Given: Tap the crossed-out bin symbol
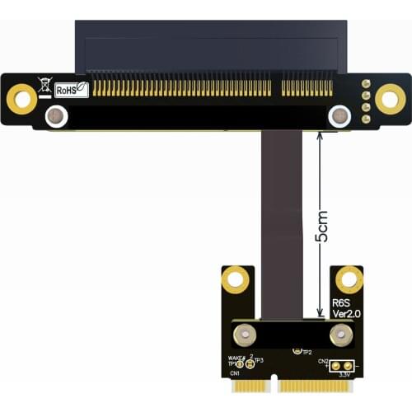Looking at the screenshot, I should (x=44, y=84).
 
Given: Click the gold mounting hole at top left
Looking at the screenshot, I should (x=21, y=100).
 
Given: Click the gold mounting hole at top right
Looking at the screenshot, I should (x=390, y=100).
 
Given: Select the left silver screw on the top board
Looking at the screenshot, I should (x=56, y=116).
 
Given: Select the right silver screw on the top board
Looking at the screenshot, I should (x=339, y=116).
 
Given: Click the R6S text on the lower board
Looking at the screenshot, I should (x=341, y=302).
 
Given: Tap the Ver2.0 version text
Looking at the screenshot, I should (x=345, y=313).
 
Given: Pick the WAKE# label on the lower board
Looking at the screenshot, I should (x=236, y=358).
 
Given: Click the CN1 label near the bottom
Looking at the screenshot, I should (x=236, y=373).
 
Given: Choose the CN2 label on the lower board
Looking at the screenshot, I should (x=323, y=361).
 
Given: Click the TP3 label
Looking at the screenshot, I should (x=258, y=361).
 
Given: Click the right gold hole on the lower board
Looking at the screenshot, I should (x=349, y=279).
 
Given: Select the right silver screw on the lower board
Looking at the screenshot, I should (x=340, y=335).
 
